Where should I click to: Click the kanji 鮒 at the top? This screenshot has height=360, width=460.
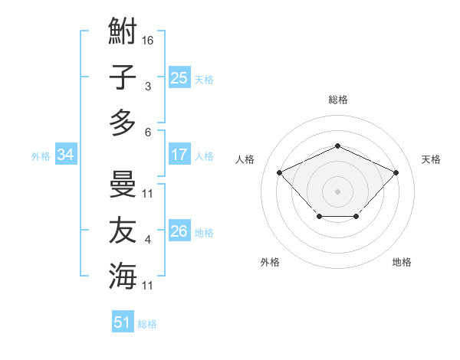pyautogui.click(x=123, y=32)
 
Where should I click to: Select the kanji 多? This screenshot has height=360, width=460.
pyautogui.click(x=123, y=123)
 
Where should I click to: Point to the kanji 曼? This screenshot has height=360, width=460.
pyautogui.click(x=123, y=185)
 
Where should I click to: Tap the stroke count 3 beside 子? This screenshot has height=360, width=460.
pyautogui.click(x=148, y=86)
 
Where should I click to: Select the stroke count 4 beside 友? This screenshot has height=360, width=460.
pyautogui.click(x=148, y=240)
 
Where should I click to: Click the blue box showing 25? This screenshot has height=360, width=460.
pyautogui.click(x=179, y=78)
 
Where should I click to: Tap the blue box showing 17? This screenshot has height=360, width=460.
pyautogui.click(x=179, y=155)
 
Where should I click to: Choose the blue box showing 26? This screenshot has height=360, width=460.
pyautogui.click(x=179, y=231)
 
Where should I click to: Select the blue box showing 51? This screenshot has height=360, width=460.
pyautogui.click(x=123, y=322)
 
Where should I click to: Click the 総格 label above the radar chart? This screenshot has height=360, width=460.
pyautogui.click(x=337, y=100)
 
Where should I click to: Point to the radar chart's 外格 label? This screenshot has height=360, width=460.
pyautogui.click(x=270, y=262)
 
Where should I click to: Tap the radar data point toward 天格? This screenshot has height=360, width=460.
pyautogui.click(x=396, y=172)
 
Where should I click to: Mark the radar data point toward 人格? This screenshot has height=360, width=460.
pyautogui.click(x=280, y=172)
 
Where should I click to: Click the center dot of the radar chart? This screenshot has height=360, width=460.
pyautogui.click(x=337, y=191)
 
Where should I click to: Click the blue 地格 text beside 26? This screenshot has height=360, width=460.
pyautogui.click(x=204, y=232)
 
